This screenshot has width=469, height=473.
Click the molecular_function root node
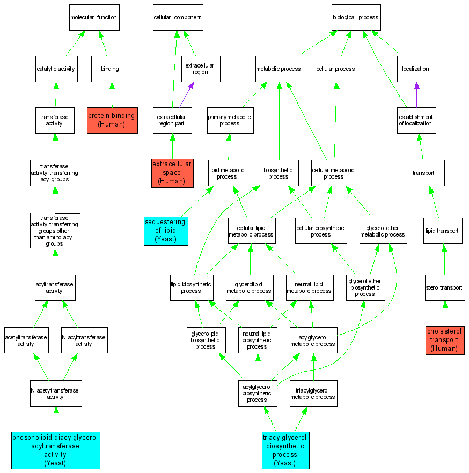tap(94, 18)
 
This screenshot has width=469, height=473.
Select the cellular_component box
tap(177, 18)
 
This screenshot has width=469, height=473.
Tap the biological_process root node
tap(355, 18)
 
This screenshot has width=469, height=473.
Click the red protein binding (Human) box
tap(112, 120)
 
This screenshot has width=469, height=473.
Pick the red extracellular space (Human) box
tap(172, 173)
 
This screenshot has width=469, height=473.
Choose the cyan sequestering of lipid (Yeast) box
tap(166, 231)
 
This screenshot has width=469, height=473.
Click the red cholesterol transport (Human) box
tap(445, 340)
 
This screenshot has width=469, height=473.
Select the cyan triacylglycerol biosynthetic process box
tap(284, 450)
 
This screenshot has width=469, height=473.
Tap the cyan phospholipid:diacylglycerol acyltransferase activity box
tap(56, 450)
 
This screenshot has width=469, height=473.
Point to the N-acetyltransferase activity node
tap(55, 394)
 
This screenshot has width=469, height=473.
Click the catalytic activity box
tap(55, 69)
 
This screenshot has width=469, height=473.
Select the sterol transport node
tap(444, 287)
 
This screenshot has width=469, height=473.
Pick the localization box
tap(416, 69)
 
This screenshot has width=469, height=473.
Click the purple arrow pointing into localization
tap(417, 87)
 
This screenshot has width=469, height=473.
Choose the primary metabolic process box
tap(229, 120)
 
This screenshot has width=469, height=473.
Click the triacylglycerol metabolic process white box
tap(313, 394)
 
